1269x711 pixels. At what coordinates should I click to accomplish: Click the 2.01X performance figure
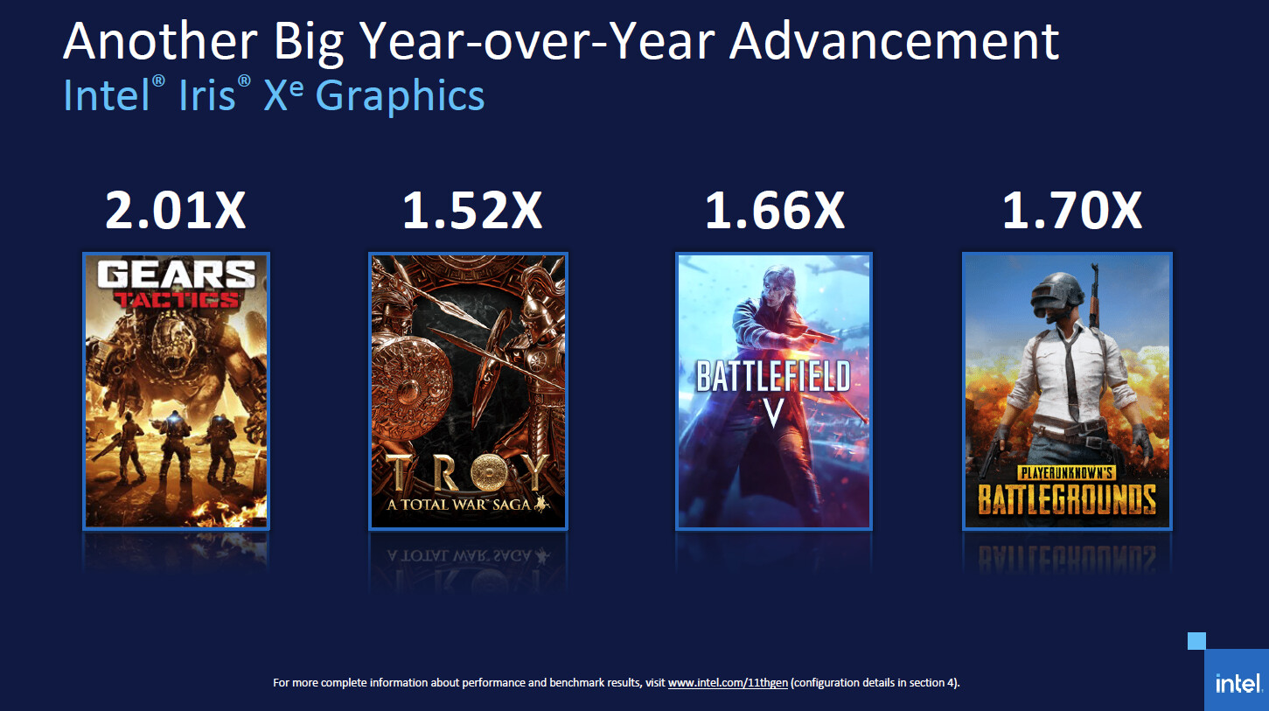(176, 210)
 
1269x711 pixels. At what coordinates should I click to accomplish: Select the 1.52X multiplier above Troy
(472, 210)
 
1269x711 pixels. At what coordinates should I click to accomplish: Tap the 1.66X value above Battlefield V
(774, 210)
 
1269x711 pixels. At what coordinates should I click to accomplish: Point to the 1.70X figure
(1072, 210)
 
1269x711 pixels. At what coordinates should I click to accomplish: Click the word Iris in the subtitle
(206, 95)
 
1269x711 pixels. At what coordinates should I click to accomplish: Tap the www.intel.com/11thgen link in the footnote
(728, 683)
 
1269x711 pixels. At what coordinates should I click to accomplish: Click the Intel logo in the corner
(1238, 683)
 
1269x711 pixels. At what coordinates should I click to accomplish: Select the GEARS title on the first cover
(176, 275)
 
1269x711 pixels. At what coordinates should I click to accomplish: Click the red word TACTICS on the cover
(176, 299)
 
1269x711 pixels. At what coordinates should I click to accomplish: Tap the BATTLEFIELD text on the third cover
(773, 376)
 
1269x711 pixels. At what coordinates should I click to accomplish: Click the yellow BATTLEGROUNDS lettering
(1067, 499)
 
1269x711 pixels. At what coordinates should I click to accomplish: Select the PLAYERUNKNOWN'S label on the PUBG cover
(1067, 472)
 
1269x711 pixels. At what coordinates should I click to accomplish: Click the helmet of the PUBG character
(1057, 295)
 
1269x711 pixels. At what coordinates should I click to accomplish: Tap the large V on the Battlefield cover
(774, 413)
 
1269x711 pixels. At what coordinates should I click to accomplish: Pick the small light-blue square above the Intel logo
(1196, 641)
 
